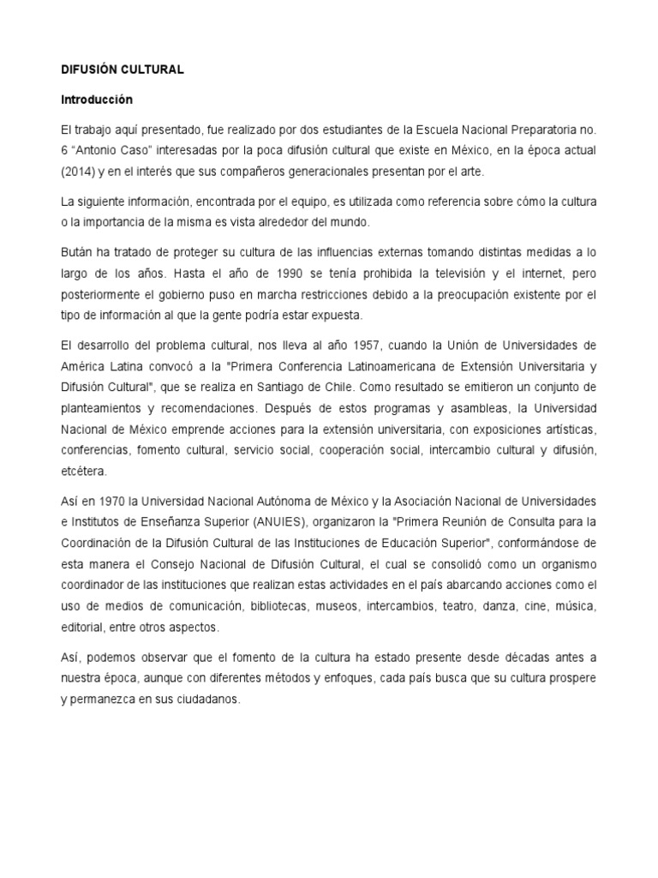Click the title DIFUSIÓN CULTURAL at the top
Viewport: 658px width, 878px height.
[x=122, y=69]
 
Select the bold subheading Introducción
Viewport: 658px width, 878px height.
[x=97, y=99]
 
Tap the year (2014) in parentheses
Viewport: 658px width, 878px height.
[x=78, y=171]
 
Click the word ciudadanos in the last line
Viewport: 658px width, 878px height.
[x=202, y=698]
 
